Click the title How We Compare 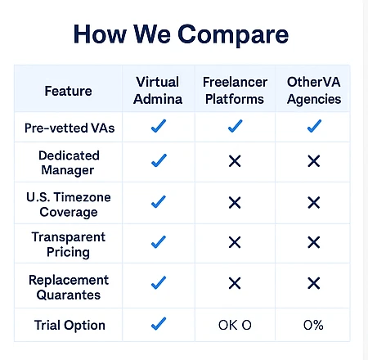(x=181, y=35)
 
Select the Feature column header (x=68, y=91)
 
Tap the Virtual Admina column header (x=158, y=90)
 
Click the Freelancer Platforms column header (x=235, y=90)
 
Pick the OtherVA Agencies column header (x=314, y=91)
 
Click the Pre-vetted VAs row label (x=70, y=128)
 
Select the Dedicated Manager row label (x=69, y=163)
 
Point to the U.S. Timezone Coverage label (x=69, y=205)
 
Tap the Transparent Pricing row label (x=68, y=245)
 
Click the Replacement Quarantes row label (x=69, y=287)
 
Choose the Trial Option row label (x=70, y=325)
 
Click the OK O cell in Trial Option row (x=235, y=325)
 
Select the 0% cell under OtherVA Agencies (x=313, y=325)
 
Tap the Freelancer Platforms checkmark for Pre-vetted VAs (x=235, y=126)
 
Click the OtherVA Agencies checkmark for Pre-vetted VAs (x=314, y=126)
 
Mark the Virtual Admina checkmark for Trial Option (x=159, y=324)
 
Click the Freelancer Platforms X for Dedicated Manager (x=235, y=161)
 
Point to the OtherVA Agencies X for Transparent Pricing (x=314, y=242)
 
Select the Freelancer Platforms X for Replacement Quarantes (x=235, y=283)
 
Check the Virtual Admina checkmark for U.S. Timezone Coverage (x=159, y=201)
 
